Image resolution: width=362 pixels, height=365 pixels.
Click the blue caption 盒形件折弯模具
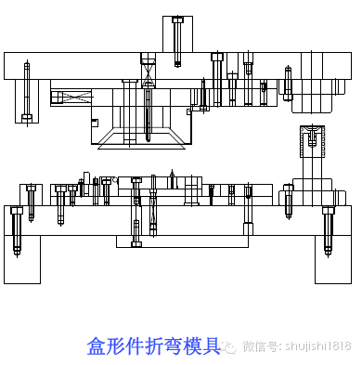pyautogui.click(x=153, y=346)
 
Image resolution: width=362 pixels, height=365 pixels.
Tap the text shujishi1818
pyautogui.click(x=316, y=346)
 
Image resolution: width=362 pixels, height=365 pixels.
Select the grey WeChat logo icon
pyautogui.click(x=229, y=346)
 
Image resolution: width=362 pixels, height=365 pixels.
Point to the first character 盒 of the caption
pyautogui.click(x=97, y=346)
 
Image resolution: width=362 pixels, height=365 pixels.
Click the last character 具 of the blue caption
pyautogui.click(x=211, y=346)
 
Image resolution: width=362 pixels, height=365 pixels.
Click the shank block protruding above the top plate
pyautogui.click(x=176, y=37)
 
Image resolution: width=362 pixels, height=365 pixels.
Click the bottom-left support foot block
pyautogui.click(x=22, y=258)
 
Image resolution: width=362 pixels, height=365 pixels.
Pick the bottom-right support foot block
pyautogui.click(x=332, y=258)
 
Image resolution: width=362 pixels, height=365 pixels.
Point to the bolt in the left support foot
pyautogui.click(x=16, y=230)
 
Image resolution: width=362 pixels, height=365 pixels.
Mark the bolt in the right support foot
pyautogui.click(x=327, y=230)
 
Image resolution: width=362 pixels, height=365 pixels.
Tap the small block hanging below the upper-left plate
pyautogui.click(x=26, y=100)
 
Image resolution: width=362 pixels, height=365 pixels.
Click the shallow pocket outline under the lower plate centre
pyautogui.click(x=182, y=241)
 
